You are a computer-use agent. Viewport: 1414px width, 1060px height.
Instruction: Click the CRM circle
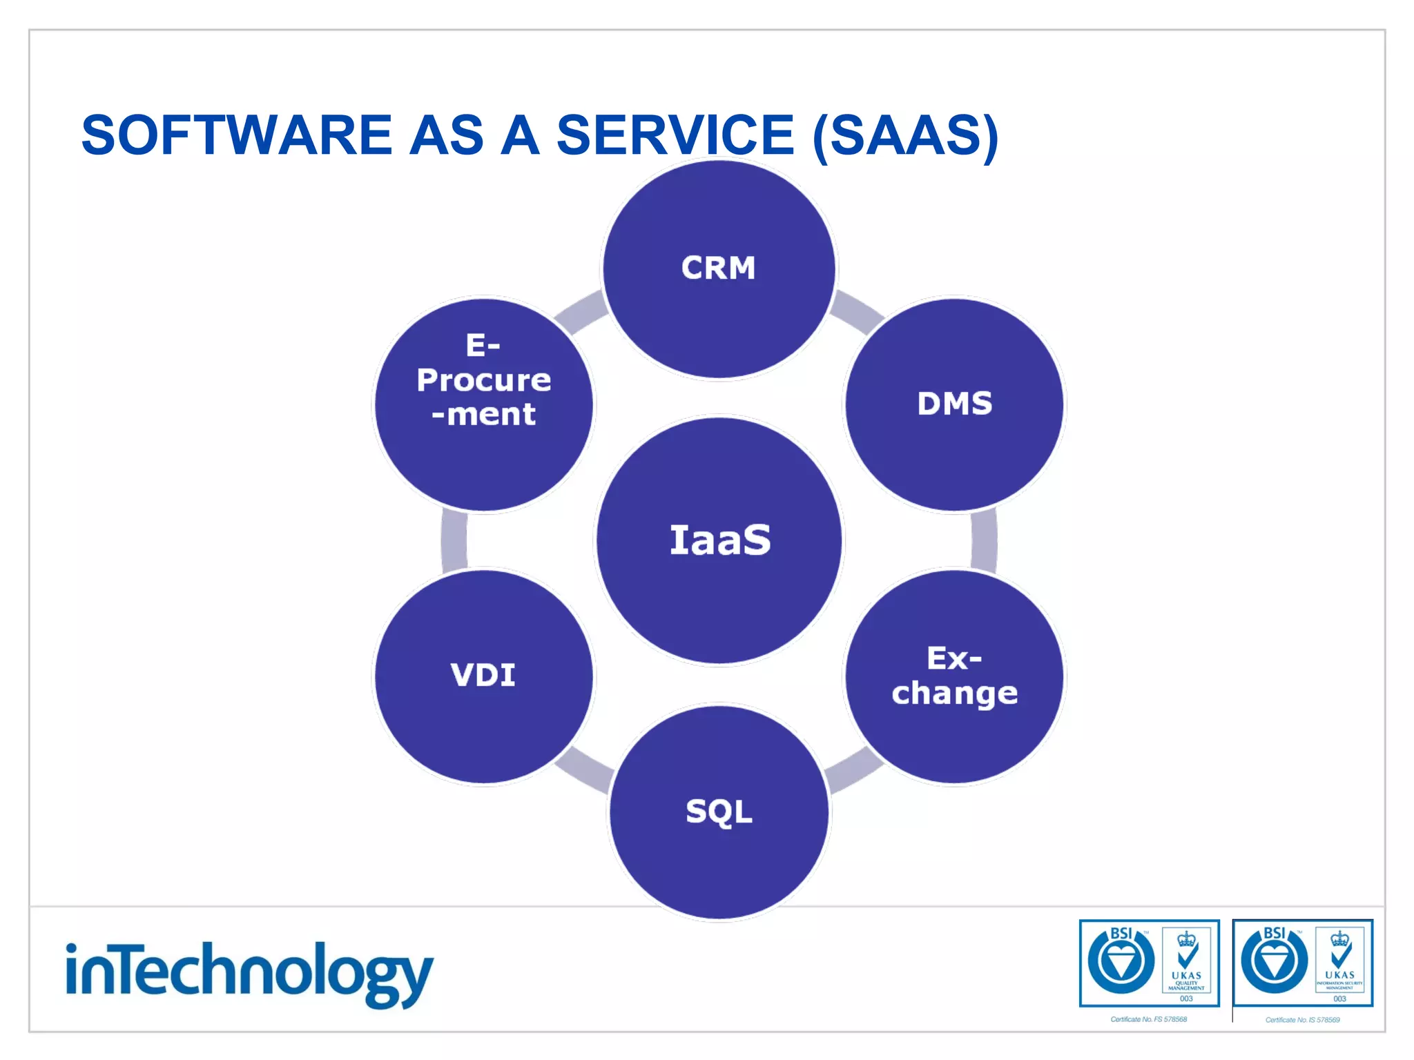(x=719, y=269)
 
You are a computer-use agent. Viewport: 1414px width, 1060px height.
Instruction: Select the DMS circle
(x=955, y=404)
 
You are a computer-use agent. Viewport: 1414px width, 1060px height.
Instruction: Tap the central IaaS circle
(x=719, y=540)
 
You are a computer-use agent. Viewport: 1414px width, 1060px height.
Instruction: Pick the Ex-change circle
(x=955, y=676)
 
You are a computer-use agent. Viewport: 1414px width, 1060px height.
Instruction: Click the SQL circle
(x=719, y=812)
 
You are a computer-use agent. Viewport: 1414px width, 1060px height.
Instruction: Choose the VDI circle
(x=483, y=676)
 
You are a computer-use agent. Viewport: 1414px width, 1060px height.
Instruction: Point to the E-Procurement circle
(x=483, y=404)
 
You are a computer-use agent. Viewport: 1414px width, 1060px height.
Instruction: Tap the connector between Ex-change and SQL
(x=853, y=769)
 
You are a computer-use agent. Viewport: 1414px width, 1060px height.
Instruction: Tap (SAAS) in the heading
(x=905, y=136)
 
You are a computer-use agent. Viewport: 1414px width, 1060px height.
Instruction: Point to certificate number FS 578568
(x=1148, y=1019)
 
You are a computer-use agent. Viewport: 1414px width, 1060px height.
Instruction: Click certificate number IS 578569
(x=1302, y=1020)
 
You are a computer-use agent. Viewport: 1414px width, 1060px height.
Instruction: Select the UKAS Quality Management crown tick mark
(x=1186, y=951)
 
